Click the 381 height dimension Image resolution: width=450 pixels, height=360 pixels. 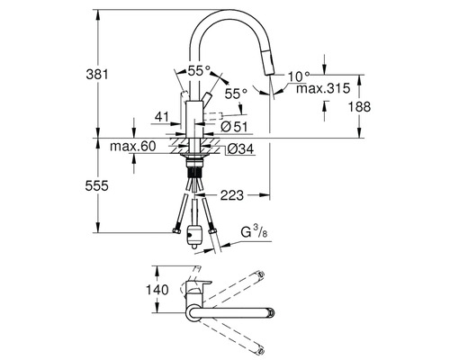tap(97, 74)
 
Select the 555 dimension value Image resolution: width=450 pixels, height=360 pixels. tap(96, 186)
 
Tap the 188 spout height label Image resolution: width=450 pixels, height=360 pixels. tap(359, 107)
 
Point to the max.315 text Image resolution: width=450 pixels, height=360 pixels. tap(323, 88)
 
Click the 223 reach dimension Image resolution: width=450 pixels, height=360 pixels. tap(232, 195)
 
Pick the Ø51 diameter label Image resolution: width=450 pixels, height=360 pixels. tap(234, 127)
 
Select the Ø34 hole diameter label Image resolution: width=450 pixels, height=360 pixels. tap(240, 148)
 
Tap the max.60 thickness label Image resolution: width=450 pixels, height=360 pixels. tap(133, 147)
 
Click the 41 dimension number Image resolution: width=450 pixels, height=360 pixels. tap(162, 117)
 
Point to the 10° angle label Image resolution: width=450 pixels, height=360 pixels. tap(299, 76)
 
